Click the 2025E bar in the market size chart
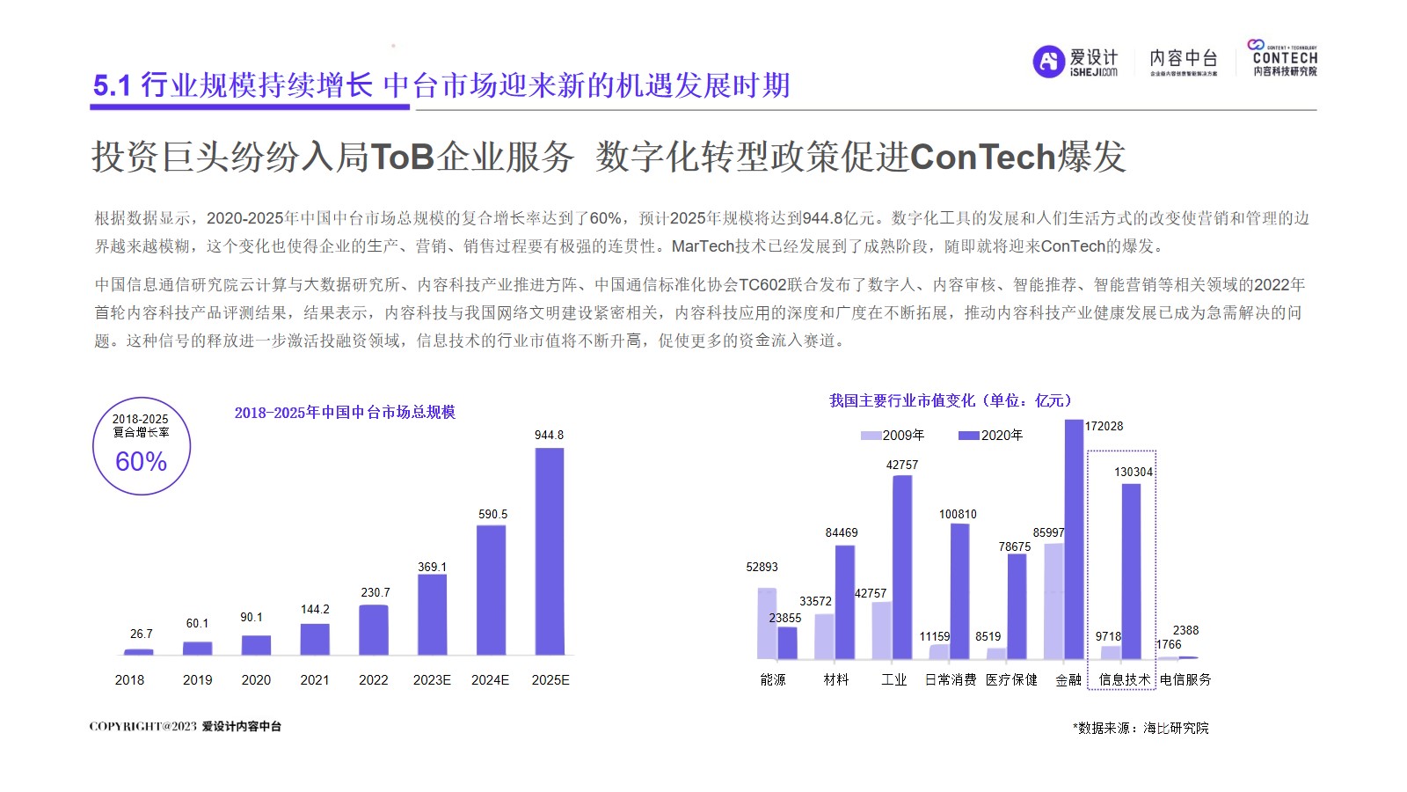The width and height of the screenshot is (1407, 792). (x=550, y=551)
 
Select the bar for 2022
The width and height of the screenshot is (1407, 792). (x=374, y=629)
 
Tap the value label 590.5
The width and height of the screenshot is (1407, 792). (x=492, y=514)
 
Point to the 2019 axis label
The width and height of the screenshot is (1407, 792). (x=197, y=679)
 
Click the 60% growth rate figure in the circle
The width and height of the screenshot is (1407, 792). (x=142, y=461)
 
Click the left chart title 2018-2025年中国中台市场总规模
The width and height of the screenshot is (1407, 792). (x=345, y=412)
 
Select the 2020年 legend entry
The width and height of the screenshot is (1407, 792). (x=991, y=435)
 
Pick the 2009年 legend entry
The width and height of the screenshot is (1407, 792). (x=893, y=435)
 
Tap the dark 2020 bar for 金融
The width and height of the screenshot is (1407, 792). (x=1074, y=539)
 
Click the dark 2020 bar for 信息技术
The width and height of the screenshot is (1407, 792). (x=1131, y=571)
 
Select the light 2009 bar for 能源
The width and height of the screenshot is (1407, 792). (x=767, y=623)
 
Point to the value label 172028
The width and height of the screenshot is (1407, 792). (x=1104, y=426)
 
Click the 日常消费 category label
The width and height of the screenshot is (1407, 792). (x=951, y=679)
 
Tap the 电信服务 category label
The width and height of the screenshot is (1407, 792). (x=1185, y=679)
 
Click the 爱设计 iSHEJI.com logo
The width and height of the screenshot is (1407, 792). (x=1075, y=62)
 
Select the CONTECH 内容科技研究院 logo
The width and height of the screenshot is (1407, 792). (x=1284, y=58)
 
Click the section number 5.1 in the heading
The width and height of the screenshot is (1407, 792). (x=112, y=85)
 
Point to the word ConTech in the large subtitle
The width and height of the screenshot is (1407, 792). (x=982, y=157)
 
